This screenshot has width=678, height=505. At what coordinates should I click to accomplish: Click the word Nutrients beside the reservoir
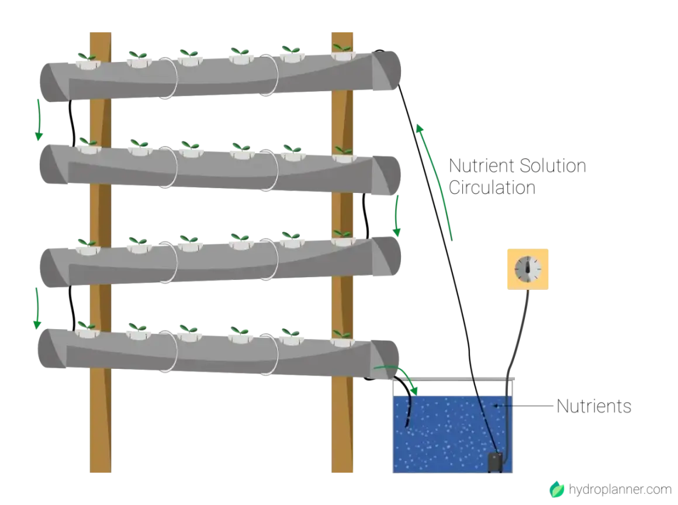[594, 406]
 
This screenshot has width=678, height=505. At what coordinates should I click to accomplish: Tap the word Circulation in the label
[492, 188]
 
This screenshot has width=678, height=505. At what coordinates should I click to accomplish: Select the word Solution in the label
[552, 165]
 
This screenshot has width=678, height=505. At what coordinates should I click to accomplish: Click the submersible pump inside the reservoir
[495, 462]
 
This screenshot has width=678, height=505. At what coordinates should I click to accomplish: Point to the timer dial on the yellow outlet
[528, 269]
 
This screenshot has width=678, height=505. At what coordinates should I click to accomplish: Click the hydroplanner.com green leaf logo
[557, 489]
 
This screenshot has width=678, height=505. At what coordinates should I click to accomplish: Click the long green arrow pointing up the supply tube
[434, 182]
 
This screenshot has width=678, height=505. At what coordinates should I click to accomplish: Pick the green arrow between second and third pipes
[396, 215]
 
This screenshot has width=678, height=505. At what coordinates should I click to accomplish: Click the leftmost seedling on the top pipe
[87, 57]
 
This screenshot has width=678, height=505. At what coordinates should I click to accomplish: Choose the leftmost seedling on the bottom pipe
[86, 326]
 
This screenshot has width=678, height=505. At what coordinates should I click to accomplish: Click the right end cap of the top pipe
[386, 71]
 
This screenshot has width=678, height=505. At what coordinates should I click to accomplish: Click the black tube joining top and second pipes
[72, 124]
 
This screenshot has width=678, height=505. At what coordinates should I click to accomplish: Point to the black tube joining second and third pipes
[366, 215]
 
